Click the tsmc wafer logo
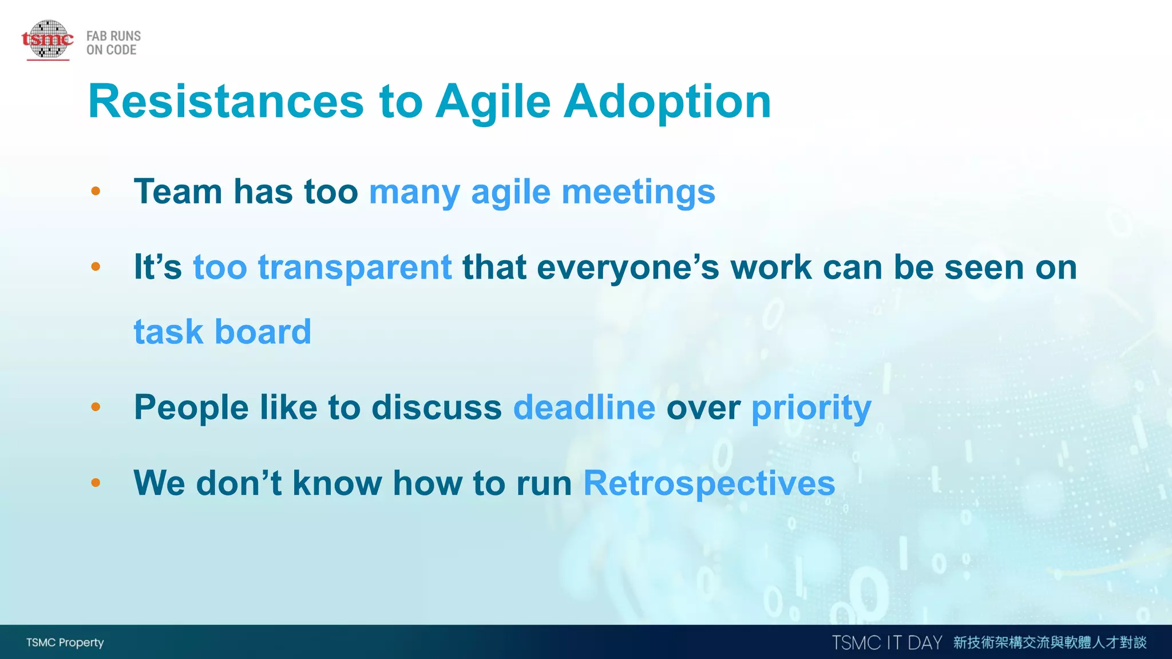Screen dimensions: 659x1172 point(47,39)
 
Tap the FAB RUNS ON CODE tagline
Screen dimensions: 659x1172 point(113,43)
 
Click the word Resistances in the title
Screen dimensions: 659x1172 point(225,101)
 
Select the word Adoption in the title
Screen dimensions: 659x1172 point(667,101)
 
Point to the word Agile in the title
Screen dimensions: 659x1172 point(493,101)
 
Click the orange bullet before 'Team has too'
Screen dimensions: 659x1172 point(96,191)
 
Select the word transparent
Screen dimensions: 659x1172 point(355,267)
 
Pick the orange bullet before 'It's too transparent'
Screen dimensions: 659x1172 point(96,267)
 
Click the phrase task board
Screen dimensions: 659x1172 point(223,332)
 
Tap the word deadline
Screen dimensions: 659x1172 point(584,407)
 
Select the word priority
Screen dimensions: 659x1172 point(811,407)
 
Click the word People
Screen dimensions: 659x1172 point(191,407)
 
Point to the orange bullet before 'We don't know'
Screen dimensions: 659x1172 point(96,483)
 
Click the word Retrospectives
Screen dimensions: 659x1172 point(709,483)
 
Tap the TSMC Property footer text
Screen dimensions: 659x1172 point(65,642)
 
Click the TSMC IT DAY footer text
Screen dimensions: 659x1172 point(886,643)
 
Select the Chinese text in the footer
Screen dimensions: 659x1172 point(1050,642)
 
